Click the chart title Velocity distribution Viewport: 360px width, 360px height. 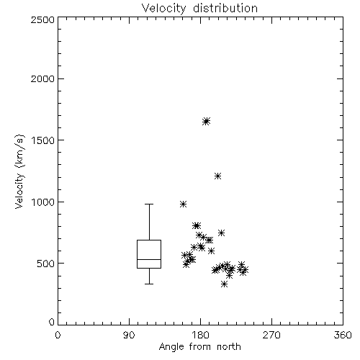pos(199,9)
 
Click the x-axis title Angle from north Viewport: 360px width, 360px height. pos(199,346)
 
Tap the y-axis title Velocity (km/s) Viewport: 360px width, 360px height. pos(19,172)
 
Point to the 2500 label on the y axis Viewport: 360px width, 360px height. pos(42,19)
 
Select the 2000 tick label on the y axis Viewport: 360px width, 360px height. pos(42,78)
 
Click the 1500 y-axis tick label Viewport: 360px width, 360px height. pos(43,140)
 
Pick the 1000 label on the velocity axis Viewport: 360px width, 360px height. pos(43,202)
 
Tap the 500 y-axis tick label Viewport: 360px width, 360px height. pos(46,264)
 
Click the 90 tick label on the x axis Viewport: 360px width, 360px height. pos(129,335)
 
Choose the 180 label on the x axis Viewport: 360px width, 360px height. pos(200,335)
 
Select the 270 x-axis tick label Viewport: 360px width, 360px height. pos(271,335)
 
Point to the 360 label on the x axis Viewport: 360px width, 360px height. pos(343,335)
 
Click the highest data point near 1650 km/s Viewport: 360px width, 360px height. pos(206,121)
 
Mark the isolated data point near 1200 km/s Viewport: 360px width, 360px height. pos(217,176)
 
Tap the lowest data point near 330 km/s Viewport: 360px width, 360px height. pos(224,284)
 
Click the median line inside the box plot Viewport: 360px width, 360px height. pos(149,259)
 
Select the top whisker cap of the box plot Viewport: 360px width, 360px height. pos(149,204)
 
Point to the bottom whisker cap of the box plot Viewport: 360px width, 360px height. pos(149,284)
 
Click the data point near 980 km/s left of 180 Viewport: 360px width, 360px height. pos(183,204)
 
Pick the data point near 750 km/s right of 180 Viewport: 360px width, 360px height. pos(221,233)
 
